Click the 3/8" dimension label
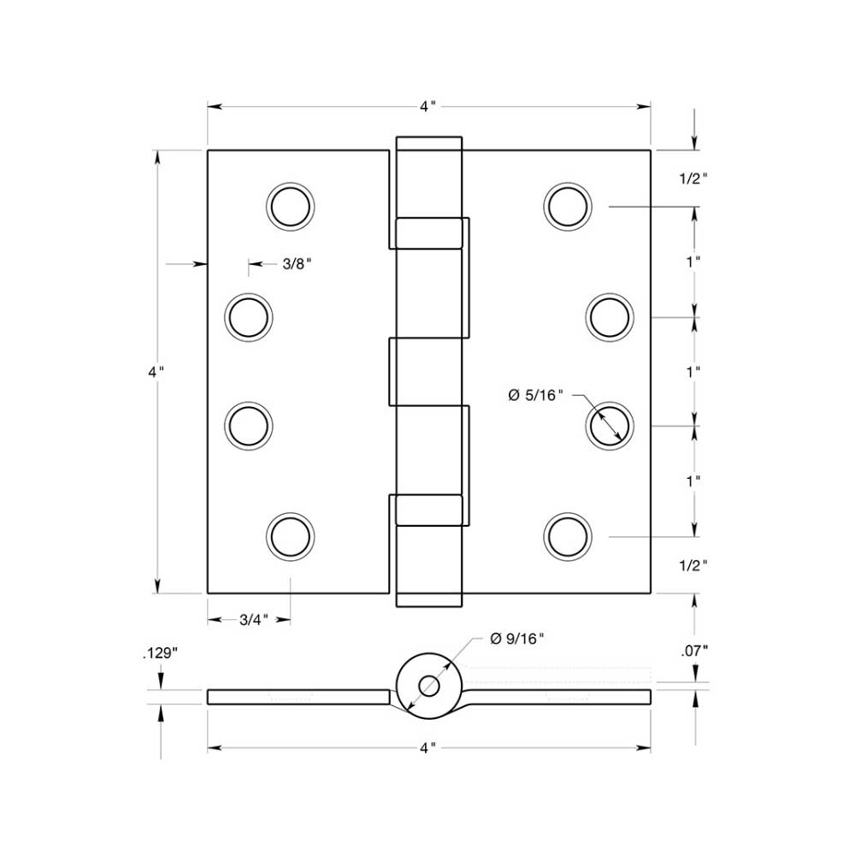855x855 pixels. [x=296, y=264]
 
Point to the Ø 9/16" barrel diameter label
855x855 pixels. [x=516, y=639]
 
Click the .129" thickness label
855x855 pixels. [x=159, y=653]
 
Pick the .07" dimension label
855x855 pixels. [x=694, y=651]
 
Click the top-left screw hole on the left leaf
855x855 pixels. [x=291, y=206]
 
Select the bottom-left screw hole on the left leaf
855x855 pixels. [x=291, y=536]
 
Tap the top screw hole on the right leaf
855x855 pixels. [x=569, y=206]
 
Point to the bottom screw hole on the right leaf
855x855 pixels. [x=569, y=536]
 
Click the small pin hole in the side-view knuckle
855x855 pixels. [x=429, y=687]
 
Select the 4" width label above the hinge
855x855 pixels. [x=428, y=107]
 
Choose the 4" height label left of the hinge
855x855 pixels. [x=156, y=372]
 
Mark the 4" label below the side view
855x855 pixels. [x=428, y=748]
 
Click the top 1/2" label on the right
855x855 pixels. [x=693, y=179]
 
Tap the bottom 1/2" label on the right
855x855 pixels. [x=693, y=565]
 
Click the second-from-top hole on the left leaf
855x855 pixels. [x=249, y=316]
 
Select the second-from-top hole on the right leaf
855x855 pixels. [x=610, y=316]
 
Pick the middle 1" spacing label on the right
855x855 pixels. [x=693, y=372]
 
